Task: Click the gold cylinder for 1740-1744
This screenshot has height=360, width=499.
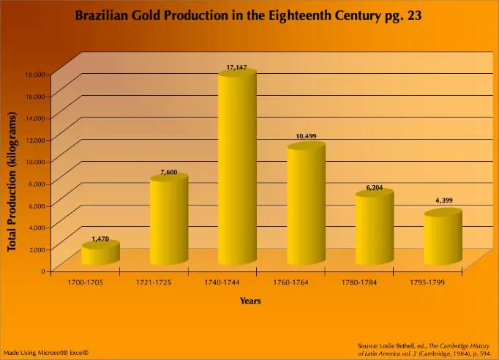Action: click(x=237, y=168)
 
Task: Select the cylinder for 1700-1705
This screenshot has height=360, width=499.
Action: click(x=100, y=254)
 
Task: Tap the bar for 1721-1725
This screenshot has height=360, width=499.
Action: click(x=169, y=220)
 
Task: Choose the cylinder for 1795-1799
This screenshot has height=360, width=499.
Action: click(x=443, y=238)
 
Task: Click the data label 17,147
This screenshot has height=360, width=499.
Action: click(x=238, y=67)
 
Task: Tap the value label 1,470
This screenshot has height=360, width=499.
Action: click(x=100, y=239)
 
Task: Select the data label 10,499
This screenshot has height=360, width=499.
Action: click(x=306, y=137)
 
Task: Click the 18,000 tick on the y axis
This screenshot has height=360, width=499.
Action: click(x=36, y=74)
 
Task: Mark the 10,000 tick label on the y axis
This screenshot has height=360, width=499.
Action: click(x=36, y=161)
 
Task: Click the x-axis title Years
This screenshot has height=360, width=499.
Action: click(x=250, y=300)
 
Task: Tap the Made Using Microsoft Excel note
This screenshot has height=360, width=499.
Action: click(x=45, y=353)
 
